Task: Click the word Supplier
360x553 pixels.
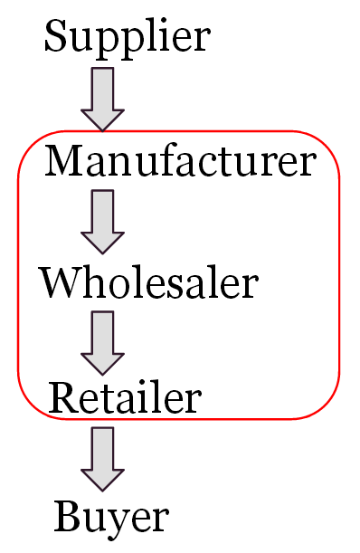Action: tap(127, 38)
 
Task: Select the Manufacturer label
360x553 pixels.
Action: tap(180, 162)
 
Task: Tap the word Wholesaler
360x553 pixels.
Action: tap(148, 284)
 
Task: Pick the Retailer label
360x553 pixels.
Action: tap(125, 397)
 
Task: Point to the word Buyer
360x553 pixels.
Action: tap(111, 517)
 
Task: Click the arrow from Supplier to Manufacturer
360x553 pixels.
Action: tap(102, 99)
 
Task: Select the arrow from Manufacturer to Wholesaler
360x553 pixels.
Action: tap(102, 220)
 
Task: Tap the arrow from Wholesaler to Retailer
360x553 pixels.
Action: tap(102, 341)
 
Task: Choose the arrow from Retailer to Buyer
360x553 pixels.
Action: tap(102, 459)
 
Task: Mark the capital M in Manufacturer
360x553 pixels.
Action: tap(65, 162)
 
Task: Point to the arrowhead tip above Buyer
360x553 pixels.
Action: tap(102, 490)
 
